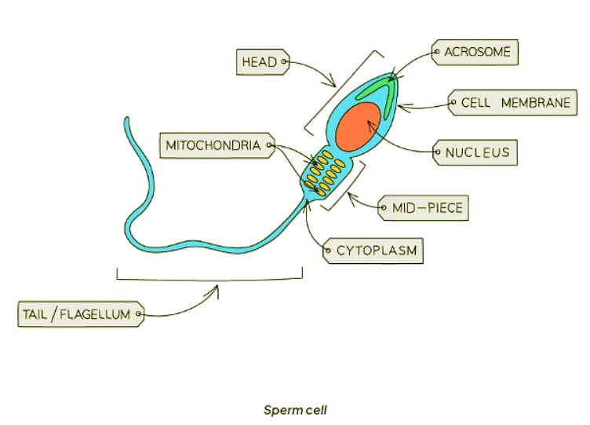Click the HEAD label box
[x=260, y=62]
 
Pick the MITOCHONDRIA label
[x=213, y=145]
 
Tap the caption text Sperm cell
[x=294, y=410]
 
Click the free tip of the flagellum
[x=126, y=119]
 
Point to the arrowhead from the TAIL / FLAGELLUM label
[x=216, y=289]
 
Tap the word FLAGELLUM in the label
[x=97, y=315]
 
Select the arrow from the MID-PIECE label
[x=362, y=206]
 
